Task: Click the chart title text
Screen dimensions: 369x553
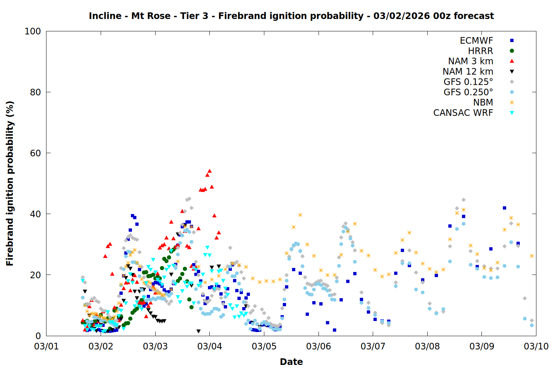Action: click(x=291, y=16)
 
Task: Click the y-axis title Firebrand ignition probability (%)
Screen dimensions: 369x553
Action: click(x=10, y=183)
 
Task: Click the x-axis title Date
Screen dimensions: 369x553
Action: click(x=291, y=362)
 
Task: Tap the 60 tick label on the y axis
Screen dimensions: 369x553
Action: click(x=35, y=153)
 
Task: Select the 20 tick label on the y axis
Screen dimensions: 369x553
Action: click(x=35, y=275)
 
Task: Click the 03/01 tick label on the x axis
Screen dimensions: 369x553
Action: click(x=46, y=346)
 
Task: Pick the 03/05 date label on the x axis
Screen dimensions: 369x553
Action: click(x=264, y=346)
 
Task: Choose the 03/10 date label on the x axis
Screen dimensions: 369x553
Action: click(x=536, y=346)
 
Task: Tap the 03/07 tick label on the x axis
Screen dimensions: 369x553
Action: click(x=373, y=346)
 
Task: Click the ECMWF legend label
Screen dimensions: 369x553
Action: click(x=476, y=41)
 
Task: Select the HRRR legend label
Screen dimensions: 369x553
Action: click(x=480, y=51)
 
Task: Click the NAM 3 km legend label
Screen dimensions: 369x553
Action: click(x=470, y=61)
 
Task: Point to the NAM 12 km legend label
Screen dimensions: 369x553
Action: click(x=468, y=72)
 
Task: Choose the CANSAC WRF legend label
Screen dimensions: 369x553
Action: click(x=463, y=113)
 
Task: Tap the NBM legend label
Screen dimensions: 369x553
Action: click(x=483, y=103)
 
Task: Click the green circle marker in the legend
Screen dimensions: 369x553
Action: click(x=512, y=51)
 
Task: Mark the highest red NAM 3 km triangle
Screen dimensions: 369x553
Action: click(x=209, y=171)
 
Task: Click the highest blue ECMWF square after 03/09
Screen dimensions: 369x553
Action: click(x=504, y=208)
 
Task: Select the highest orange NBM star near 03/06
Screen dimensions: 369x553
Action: click(x=300, y=215)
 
